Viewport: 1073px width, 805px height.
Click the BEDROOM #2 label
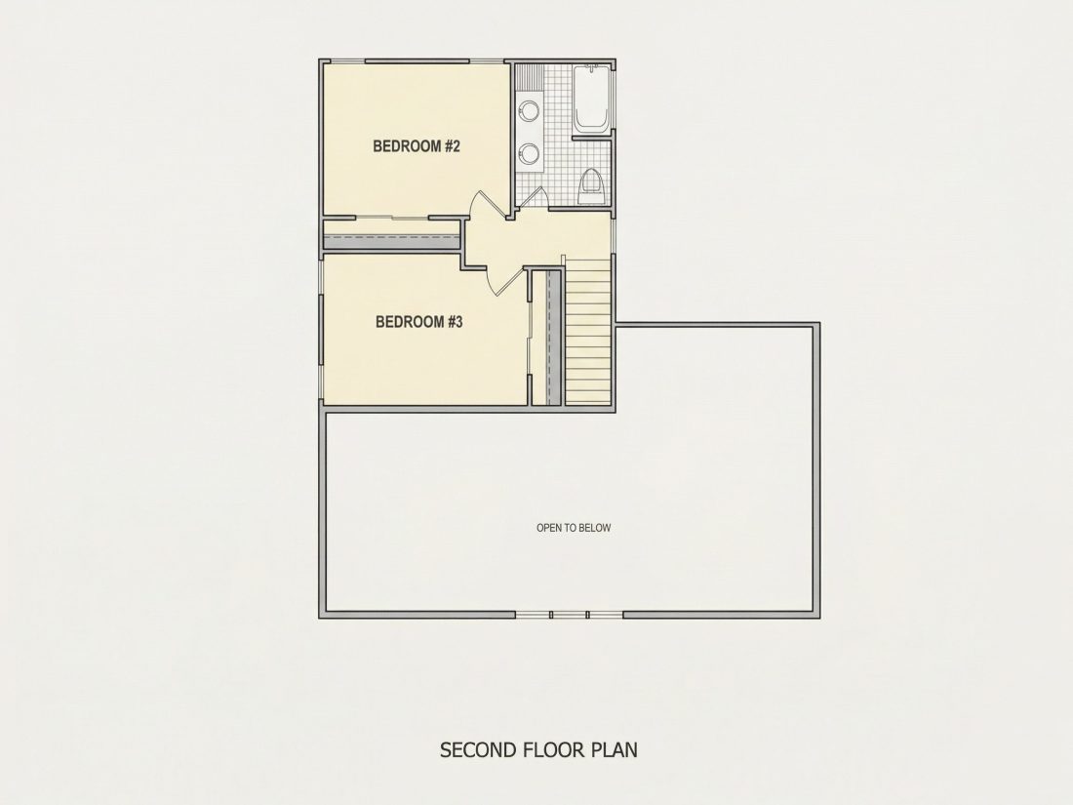click(x=417, y=145)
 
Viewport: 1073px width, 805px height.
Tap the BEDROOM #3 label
click(x=418, y=322)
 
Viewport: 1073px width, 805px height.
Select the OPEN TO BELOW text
click(x=574, y=528)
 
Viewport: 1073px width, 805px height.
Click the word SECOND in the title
click(x=478, y=749)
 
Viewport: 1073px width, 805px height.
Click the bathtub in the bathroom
click(x=590, y=99)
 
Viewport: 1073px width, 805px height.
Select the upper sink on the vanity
click(x=529, y=109)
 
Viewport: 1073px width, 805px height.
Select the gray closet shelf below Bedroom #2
click(x=391, y=240)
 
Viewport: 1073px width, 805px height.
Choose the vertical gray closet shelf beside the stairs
click(x=553, y=339)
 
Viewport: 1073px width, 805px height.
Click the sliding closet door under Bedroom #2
click(x=392, y=219)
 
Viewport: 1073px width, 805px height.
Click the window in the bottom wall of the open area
click(x=570, y=615)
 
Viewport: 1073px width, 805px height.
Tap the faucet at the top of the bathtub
click(x=590, y=68)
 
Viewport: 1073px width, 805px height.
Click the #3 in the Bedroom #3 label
click(x=456, y=322)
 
